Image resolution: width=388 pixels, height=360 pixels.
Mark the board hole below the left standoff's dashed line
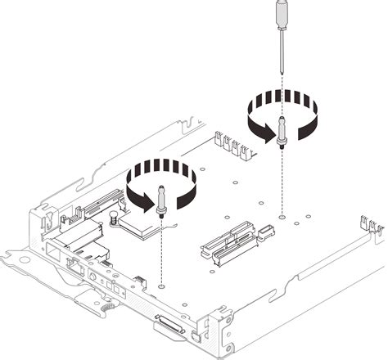click(162, 287)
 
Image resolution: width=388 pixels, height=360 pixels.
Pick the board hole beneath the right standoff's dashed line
click(282, 218)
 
